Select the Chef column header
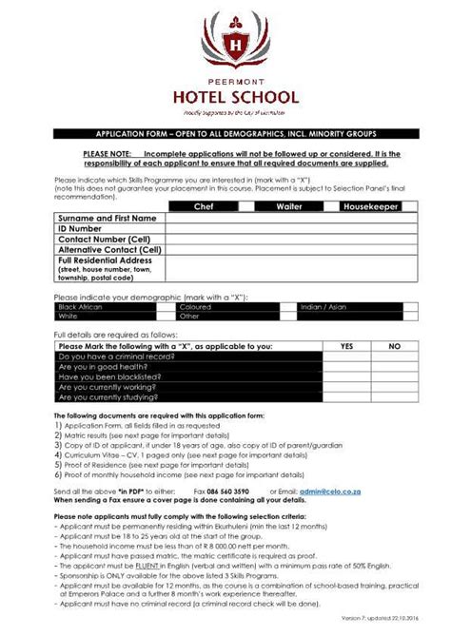[x=204, y=205]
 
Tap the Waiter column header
[x=289, y=205]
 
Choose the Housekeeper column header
[x=372, y=205]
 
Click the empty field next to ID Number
[x=285, y=228]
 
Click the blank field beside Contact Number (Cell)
[x=285, y=239]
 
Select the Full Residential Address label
[x=105, y=260]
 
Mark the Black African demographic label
[x=80, y=307]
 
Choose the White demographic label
[x=68, y=317]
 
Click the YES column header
[x=346, y=347]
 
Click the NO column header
[x=394, y=347]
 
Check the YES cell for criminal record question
[x=346, y=357]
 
